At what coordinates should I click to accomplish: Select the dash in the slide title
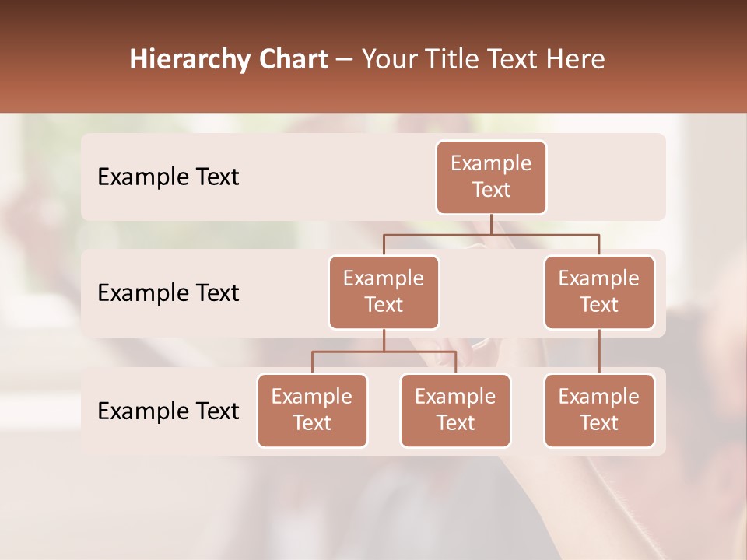[345, 59]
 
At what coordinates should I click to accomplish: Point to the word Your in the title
[387, 59]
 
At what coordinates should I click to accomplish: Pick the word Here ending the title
[575, 59]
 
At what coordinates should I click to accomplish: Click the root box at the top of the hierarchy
[491, 177]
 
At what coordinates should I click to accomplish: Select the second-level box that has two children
[384, 292]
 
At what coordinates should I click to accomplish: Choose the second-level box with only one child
[599, 292]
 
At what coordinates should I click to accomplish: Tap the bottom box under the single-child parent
[599, 410]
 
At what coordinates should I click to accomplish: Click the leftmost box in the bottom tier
[312, 410]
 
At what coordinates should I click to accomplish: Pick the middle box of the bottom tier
[455, 410]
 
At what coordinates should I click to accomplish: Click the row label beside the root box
[168, 177]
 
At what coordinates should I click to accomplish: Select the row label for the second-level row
[168, 292]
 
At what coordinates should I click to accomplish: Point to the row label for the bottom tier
[168, 411]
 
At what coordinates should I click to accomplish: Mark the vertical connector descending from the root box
[491, 224]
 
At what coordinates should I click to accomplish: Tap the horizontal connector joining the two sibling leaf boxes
[384, 352]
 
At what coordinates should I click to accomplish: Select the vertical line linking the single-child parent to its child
[599, 352]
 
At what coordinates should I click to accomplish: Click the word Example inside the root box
[491, 163]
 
